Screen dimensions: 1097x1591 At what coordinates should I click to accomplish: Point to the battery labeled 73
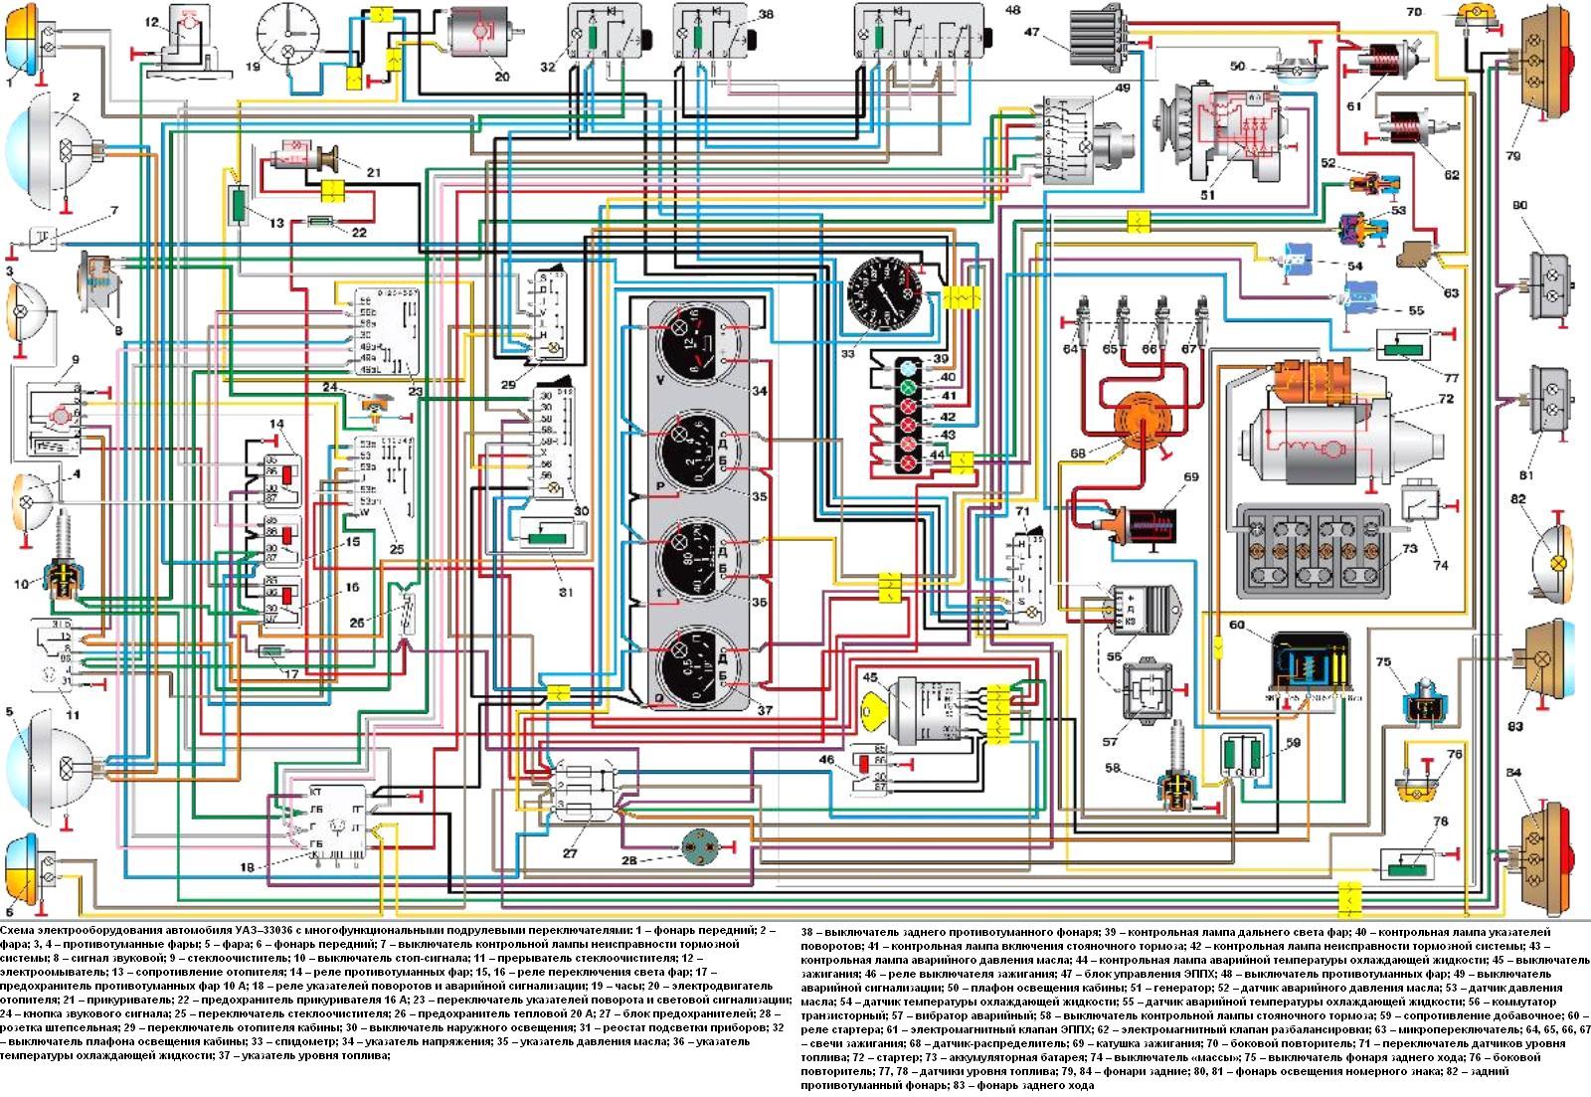tap(1313, 550)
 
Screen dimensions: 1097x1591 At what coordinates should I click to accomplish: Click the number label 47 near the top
tap(1033, 33)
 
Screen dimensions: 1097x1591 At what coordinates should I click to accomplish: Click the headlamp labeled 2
tap(60, 152)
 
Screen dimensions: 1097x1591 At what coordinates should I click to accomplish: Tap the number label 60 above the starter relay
tap(1236, 626)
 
